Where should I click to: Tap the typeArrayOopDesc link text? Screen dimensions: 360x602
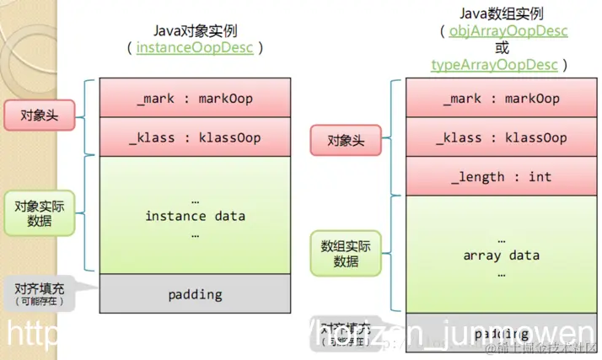point(494,65)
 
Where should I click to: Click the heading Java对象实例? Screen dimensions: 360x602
point(195,30)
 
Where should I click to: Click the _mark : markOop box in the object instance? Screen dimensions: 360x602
point(195,98)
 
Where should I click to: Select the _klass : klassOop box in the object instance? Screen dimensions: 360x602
point(195,137)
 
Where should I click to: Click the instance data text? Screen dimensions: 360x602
point(195,216)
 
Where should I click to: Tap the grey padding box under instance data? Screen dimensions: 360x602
point(195,294)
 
